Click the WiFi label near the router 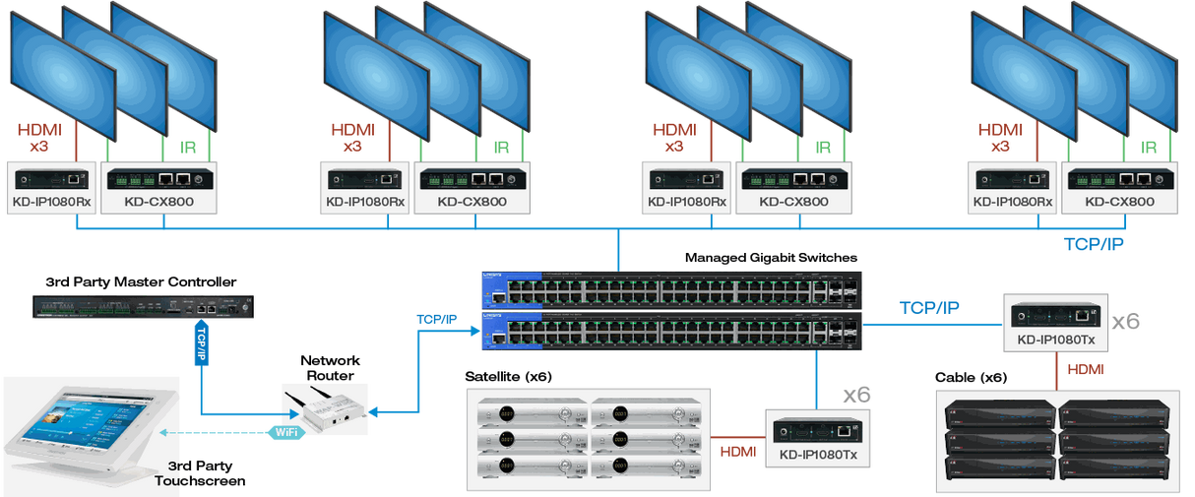pyautogui.click(x=284, y=430)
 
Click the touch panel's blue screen pyautogui.click(x=85, y=429)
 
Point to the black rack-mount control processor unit pyautogui.click(x=142, y=307)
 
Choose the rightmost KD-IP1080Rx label pyautogui.click(x=1013, y=203)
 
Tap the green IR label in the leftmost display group pyautogui.click(x=190, y=148)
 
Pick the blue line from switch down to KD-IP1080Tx pyautogui.click(x=815, y=379)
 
